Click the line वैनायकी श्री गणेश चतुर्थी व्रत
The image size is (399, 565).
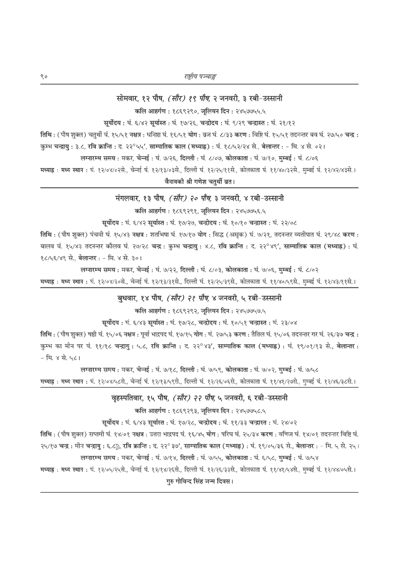click(199, 179)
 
